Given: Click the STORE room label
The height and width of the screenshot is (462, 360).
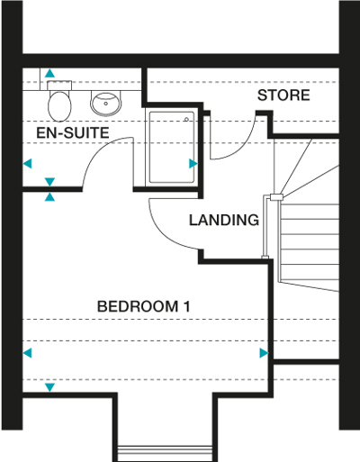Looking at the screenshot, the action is point(283,95).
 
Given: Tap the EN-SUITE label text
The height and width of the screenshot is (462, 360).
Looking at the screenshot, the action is point(73,132).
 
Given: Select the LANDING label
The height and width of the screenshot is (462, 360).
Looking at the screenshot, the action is point(224,220).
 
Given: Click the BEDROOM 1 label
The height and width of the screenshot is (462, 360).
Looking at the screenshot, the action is point(143,306).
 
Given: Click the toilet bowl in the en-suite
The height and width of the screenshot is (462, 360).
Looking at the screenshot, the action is point(59,106).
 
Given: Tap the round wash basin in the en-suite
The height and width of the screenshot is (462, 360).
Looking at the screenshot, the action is point(106,104).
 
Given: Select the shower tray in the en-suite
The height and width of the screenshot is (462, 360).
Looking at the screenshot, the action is point(172,147).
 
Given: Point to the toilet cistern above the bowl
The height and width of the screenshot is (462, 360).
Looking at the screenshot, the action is point(59,85).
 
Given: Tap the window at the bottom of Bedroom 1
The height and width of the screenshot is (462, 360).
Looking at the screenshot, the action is point(165,450).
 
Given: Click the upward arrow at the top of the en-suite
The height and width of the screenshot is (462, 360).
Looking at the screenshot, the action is point(50,73).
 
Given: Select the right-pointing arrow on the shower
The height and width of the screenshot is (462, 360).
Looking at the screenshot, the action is point(193,164).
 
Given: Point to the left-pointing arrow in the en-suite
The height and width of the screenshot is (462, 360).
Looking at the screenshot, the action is point(27,164).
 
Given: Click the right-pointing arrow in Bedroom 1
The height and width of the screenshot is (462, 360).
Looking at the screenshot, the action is point(264,353).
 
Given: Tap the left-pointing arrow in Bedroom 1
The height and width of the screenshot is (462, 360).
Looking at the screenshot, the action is point(27,353).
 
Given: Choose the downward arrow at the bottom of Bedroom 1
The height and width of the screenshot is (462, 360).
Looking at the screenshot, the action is point(49,387).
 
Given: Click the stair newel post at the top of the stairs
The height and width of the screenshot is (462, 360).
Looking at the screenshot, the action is point(276,197).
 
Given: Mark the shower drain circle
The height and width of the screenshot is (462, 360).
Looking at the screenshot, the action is point(186,120).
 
